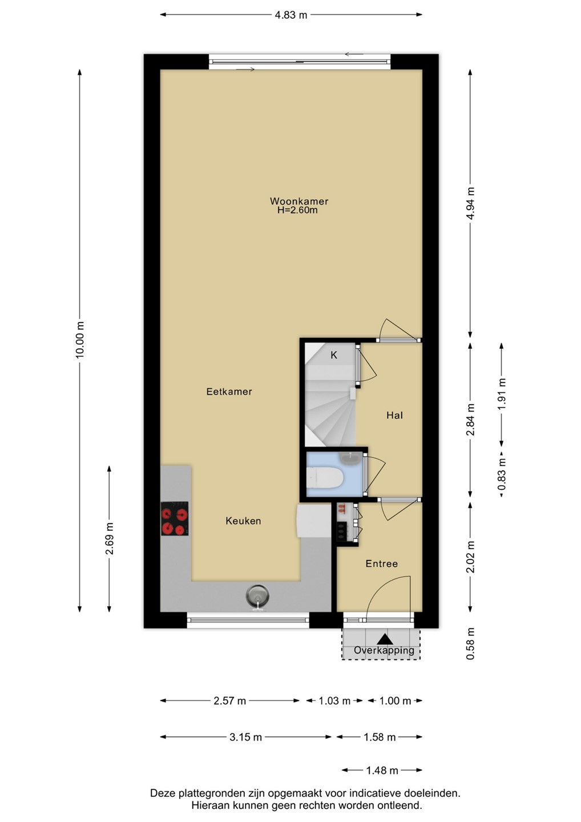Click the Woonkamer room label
299,201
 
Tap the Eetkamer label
229,392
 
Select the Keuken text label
243,521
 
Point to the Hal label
395,415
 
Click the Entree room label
381,563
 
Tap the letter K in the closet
334,355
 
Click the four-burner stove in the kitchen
175,518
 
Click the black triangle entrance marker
385,639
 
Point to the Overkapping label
384,650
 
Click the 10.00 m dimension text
80,340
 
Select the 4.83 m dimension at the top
291,15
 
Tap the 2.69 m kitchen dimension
110,538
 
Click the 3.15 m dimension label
246,737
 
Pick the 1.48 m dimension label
382,770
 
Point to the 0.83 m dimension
502,474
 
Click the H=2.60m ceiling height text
297,210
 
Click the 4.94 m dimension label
471,203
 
